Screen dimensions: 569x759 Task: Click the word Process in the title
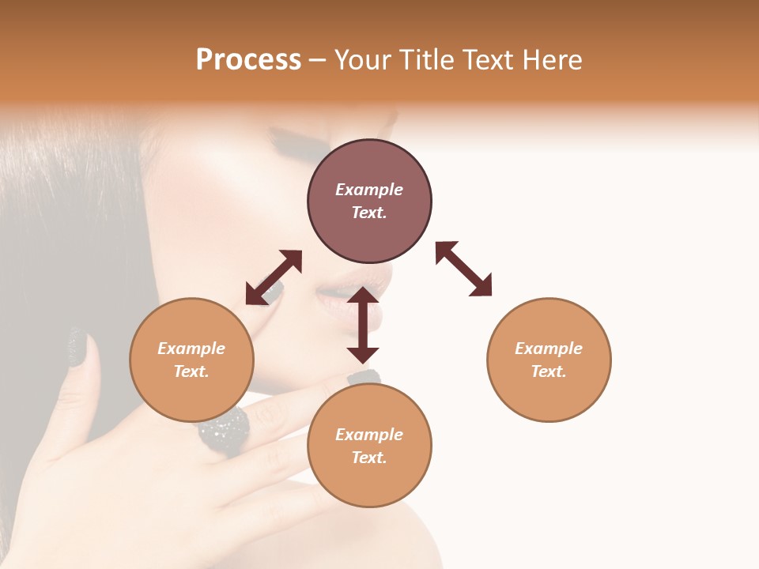coord(248,60)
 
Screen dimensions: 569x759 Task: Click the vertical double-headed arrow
coord(363,325)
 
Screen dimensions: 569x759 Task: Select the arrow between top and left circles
coord(274,277)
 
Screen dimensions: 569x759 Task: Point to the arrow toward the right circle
coord(464,269)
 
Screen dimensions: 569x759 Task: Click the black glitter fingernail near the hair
coord(78,347)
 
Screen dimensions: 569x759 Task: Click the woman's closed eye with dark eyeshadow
coord(296,145)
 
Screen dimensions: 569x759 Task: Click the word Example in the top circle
coord(369,190)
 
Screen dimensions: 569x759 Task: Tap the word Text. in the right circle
coord(549,371)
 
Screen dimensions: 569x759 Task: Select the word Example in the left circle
coord(191,349)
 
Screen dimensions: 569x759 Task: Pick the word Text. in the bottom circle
coord(369,458)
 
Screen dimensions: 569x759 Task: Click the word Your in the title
coord(362,60)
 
